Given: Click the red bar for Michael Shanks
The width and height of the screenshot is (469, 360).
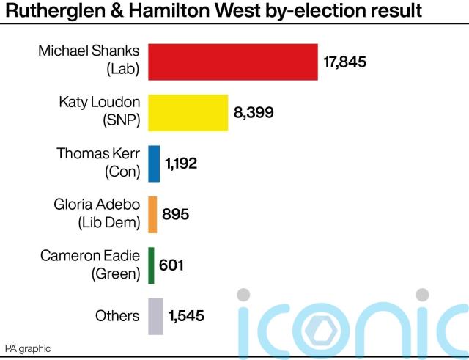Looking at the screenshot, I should pos(233,62).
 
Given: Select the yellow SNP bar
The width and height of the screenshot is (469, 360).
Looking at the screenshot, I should pos(188,113).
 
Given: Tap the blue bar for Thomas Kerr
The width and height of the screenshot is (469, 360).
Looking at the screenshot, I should pos(154,164).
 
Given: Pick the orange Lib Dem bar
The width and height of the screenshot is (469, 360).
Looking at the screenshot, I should pos(153,214).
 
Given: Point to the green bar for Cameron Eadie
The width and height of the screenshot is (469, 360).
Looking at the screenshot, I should pos(151,265).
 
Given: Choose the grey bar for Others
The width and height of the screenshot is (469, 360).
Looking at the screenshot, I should pos(155,316).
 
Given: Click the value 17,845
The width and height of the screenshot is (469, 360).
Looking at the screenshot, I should pos(344,62).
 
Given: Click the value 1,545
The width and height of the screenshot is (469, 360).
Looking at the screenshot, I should pos(186,316).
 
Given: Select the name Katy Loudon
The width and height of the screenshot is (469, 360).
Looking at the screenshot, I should pos(99,102).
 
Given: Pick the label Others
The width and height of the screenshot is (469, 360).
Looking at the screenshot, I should pos(117,316).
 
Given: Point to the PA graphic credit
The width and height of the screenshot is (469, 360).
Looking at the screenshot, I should pos(28,348).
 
